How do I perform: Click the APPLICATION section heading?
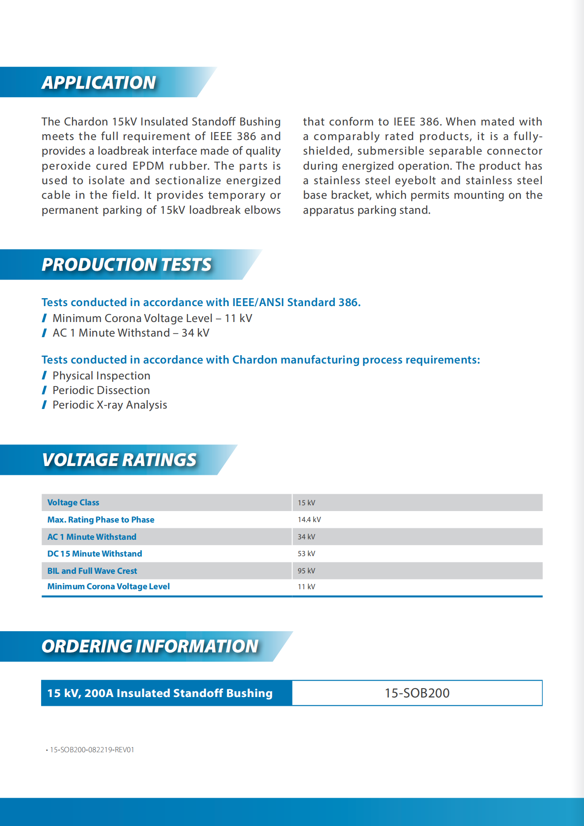pos(99,83)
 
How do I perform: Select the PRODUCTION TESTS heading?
pos(127,265)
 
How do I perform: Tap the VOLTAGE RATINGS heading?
pos(119,460)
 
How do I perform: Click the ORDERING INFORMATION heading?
pos(150,646)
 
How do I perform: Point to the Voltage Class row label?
pos(73,503)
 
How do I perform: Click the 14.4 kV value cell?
pos(309,520)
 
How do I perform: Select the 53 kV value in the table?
pos(306,554)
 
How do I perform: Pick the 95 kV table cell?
pos(306,571)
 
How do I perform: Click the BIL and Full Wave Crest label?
pos(92,571)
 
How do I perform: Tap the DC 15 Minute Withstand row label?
pos(95,554)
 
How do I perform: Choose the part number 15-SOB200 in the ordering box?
pos(417,693)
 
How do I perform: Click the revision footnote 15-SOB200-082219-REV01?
pos(92,750)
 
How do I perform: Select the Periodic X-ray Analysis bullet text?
pos(110,405)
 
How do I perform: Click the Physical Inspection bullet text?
pos(101,376)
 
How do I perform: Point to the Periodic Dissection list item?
pos(101,390)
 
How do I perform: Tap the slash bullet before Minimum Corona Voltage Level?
pos(44,318)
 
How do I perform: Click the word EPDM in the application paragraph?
pos(148,166)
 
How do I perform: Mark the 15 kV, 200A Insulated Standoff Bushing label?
pos(160,693)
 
